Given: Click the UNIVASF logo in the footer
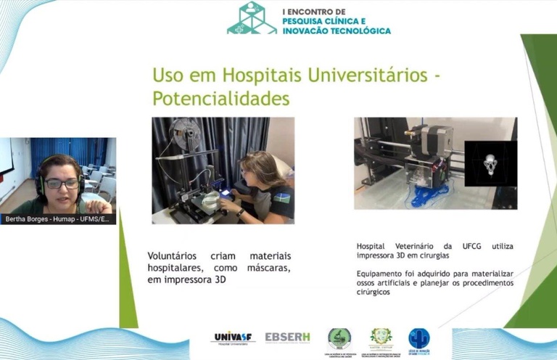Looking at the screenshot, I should (x=233, y=337).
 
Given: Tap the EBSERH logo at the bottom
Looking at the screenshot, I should (x=287, y=337).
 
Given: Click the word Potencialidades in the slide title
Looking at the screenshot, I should (x=220, y=98).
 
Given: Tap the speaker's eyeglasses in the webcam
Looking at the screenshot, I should (x=62, y=184).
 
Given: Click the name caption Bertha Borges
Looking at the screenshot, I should (x=29, y=218).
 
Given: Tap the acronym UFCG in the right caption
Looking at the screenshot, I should (x=468, y=247).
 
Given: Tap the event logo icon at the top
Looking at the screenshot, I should (x=250, y=18).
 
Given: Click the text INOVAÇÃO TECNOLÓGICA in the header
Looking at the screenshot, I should (x=335, y=31).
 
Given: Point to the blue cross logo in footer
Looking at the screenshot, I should (x=418, y=338).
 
